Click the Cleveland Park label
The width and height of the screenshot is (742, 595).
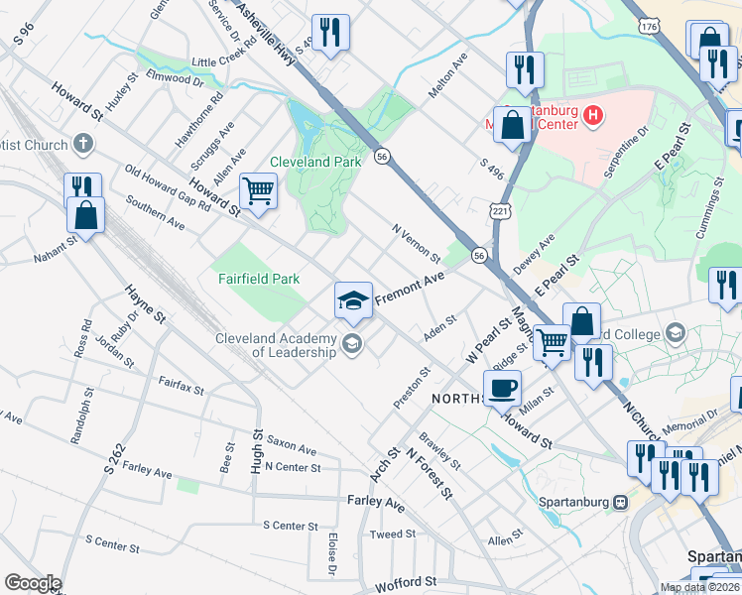[315, 162]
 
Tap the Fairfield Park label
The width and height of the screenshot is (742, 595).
[259, 279]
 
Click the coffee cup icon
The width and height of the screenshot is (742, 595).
[502, 388]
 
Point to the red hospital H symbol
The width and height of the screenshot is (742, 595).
[593, 117]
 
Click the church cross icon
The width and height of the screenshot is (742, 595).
[83, 145]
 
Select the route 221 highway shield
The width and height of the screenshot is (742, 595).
[501, 211]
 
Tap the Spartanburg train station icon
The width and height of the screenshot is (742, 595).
[621, 501]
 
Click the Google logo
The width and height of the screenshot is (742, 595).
[32, 583]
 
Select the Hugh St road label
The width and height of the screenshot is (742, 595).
[256, 450]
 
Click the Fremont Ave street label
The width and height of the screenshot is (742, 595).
[409, 289]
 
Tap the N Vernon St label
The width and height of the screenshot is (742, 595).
[416, 243]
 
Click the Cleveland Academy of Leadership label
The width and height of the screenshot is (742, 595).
[278, 345]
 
